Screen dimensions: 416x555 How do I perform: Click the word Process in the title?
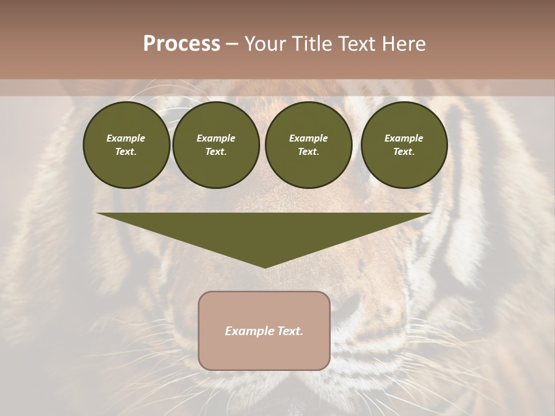[x=182, y=44]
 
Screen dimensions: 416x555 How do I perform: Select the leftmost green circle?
[x=126, y=145]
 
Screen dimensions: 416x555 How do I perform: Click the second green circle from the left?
[x=216, y=145]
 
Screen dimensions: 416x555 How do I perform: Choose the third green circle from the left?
[x=308, y=145]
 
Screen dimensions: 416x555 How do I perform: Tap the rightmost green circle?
[x=404, y=145]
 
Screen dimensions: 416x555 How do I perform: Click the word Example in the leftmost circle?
[x=126, y=138]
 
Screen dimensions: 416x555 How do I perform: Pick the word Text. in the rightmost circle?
[x=404, y=152]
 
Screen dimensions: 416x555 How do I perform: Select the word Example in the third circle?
[x=308, y=138]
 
